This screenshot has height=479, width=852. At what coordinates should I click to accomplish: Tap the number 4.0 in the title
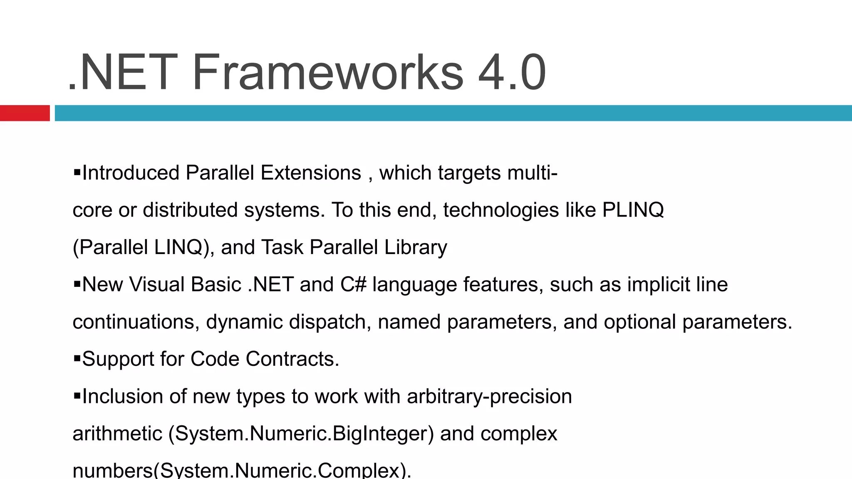pyautogui.click(x=512, y=73)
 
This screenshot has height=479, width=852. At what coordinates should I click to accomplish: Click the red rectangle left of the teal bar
pyautogui.click(x=25, y=113)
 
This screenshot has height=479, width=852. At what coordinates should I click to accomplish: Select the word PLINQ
pyautogui.click(x=633, y=210)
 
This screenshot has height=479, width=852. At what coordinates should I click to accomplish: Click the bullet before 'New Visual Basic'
pyautogui.click(x=77, y=284)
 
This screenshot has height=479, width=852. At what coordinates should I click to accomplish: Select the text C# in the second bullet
pyautogui.click(x=353, y=285)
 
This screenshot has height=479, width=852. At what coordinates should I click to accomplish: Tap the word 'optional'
pyautogui.click(x=639, y=322)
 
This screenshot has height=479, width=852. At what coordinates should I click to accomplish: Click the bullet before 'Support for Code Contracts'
pyautogui.click(x=77, y=358)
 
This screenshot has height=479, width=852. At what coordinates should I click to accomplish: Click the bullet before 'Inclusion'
pyautogui.click(x=77, y=395)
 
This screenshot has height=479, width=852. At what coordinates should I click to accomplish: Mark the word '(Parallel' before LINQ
pyautogui.click(x=110, y=248)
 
